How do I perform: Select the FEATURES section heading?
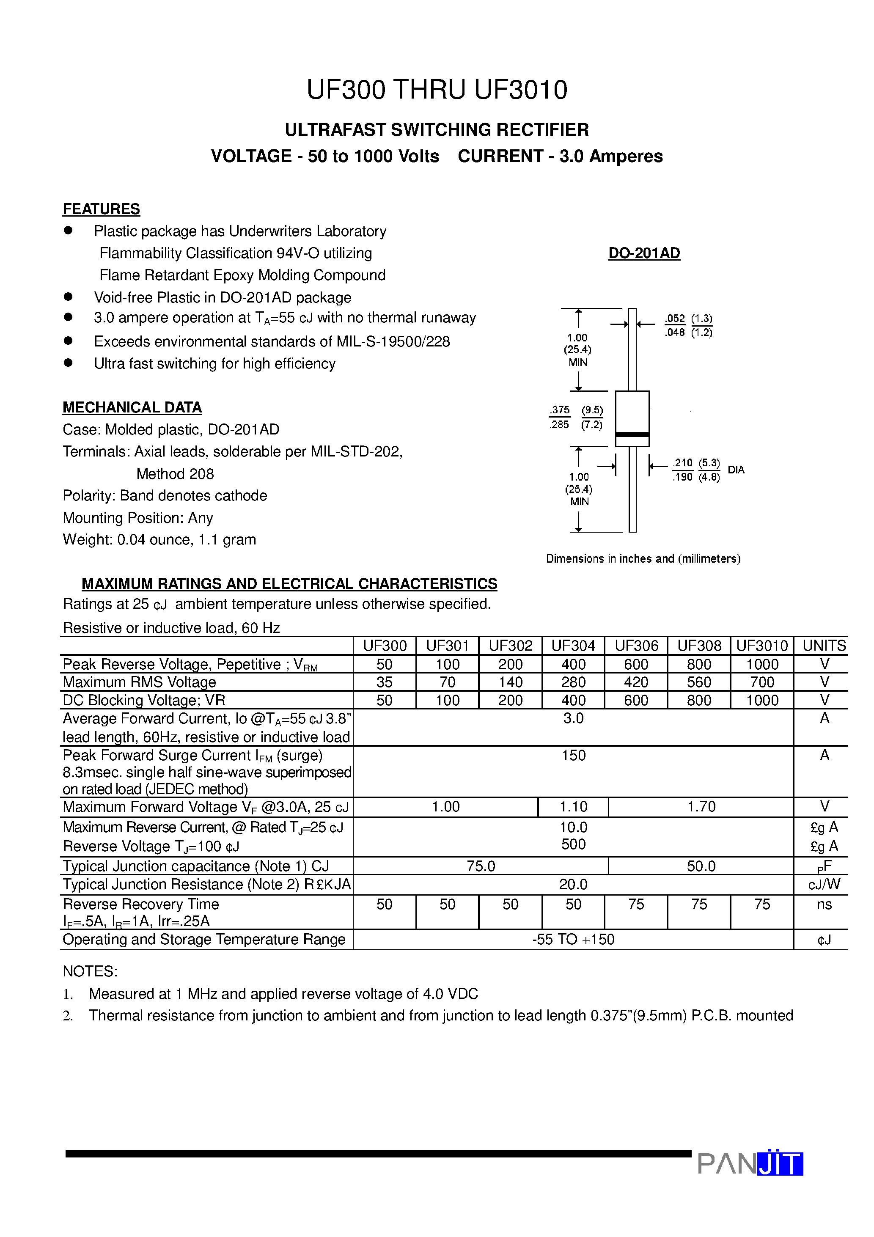(x=101, y=209)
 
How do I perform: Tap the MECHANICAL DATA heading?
(x=132, y=407)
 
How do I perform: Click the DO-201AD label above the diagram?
(x=644, y=253)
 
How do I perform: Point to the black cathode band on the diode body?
(x=632, y=434)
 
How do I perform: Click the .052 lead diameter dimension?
(x=675, y=319)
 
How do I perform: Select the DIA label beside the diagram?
(x=736, y=470)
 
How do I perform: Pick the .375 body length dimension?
(x=560, y=410)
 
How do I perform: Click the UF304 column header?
(x=573, y=646)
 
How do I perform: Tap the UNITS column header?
(x=824, y=646)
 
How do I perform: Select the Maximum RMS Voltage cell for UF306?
(x=636, y=682)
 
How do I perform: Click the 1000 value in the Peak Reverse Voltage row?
(x=762, y=664)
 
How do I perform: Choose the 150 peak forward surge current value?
(x=573, y=755)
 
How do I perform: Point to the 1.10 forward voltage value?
(x=573, y=806)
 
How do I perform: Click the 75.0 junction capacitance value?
(x=481, y=866)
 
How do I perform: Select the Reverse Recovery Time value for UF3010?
(x=762, y=904)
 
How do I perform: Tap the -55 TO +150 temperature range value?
(x=573, y=939)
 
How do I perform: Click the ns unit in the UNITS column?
(x=824, y=904)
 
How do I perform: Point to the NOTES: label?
(x=90, y=971)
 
